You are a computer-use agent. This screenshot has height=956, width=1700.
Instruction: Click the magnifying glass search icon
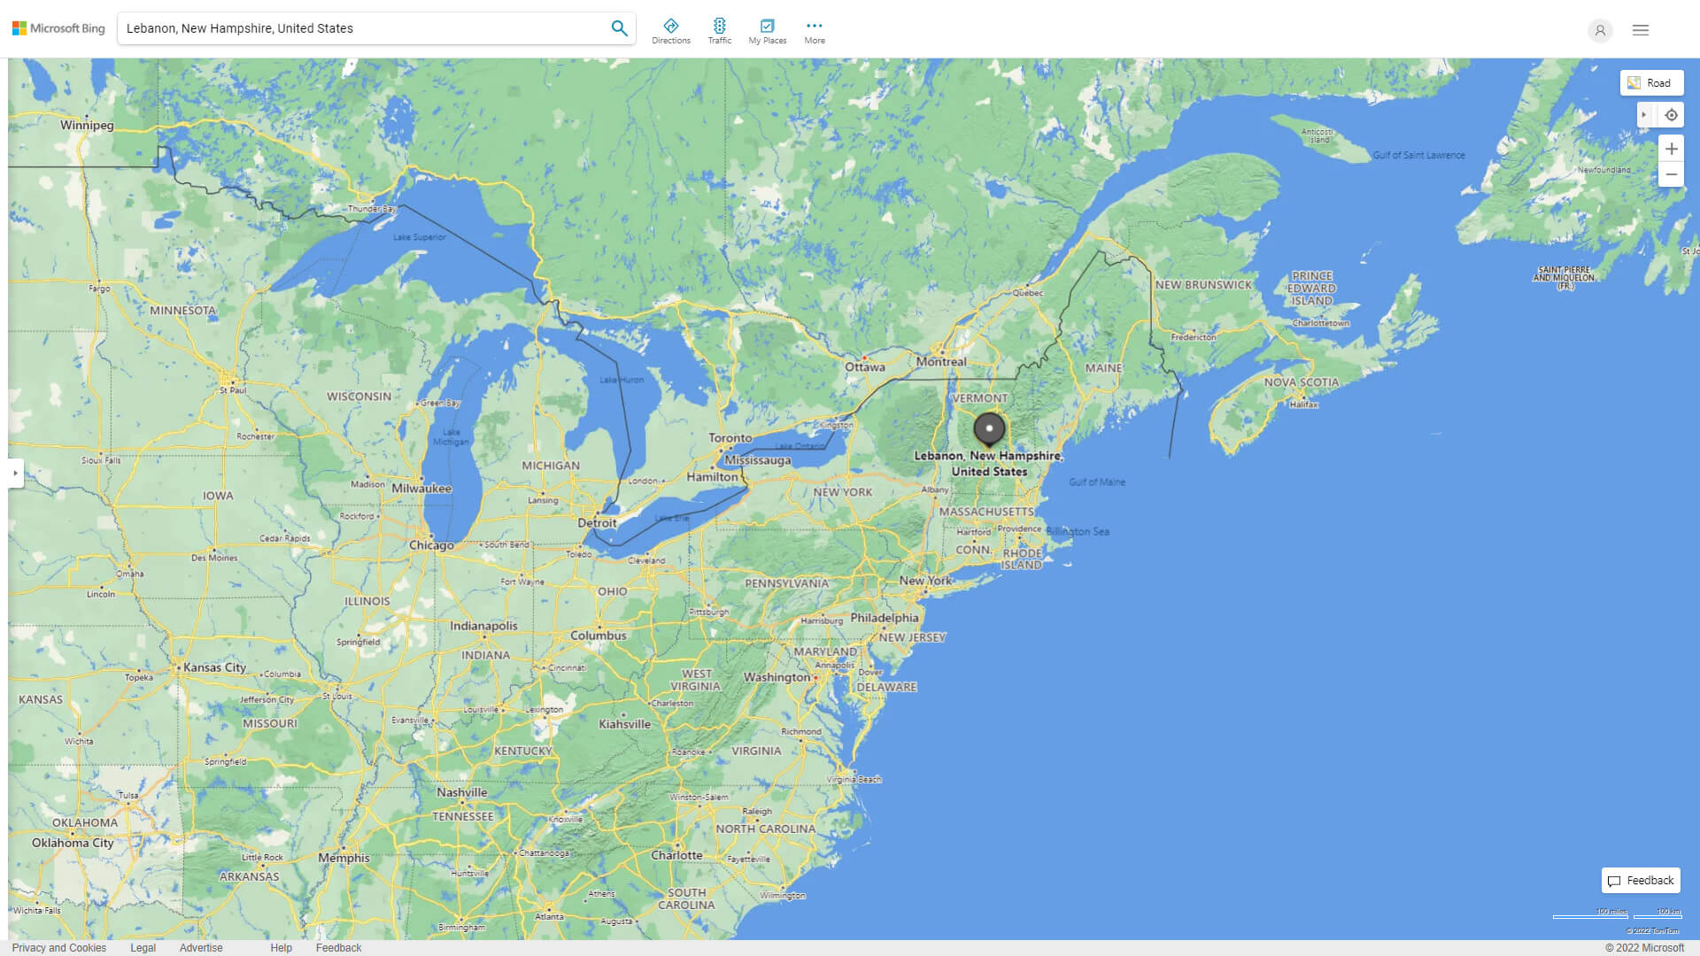pos(619,28)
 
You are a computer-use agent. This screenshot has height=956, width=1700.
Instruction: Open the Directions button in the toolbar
pos(670,31)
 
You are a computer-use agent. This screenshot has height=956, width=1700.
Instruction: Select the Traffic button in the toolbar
pos(719,31)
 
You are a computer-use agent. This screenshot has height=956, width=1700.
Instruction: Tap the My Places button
pos(767,31)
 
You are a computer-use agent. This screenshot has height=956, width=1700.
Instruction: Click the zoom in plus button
pos(1671,149)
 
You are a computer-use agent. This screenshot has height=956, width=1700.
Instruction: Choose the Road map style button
pos(1651,83)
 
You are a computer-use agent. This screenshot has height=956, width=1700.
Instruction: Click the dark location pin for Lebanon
pos(989,429)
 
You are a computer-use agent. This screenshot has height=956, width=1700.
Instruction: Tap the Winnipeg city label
pos(87,126)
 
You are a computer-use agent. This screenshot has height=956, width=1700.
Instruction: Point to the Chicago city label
pos(431,545)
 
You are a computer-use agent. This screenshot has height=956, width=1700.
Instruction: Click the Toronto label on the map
pos(730,438)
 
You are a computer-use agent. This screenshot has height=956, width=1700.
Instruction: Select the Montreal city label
pos(941,362)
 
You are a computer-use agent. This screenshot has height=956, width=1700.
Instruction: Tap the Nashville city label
pos(461,793)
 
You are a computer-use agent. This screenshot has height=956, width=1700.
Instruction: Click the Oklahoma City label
pos(73,843)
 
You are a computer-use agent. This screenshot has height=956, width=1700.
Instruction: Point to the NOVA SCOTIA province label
pos(1301,382)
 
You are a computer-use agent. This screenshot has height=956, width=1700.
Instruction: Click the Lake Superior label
pos(420,237)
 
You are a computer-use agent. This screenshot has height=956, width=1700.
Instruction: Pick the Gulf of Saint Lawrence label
pos(1418,156)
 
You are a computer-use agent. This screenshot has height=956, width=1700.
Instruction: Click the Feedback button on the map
pos(1641,881)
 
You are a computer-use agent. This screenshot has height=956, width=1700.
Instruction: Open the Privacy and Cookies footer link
pos(59,948)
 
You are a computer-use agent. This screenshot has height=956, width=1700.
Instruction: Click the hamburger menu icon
pos(1641,30)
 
